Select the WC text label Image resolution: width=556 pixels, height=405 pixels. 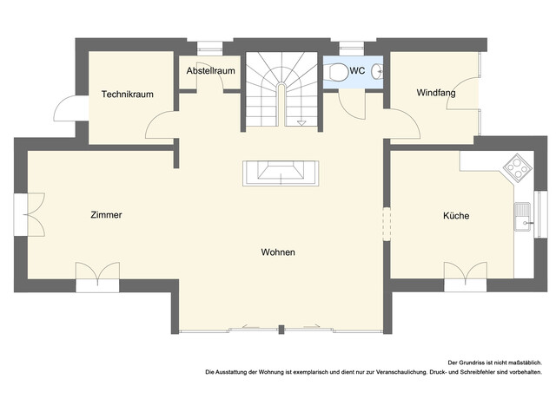point(357,71)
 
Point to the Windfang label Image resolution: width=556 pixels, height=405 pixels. point(435,93)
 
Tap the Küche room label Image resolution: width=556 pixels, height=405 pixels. point(456,215)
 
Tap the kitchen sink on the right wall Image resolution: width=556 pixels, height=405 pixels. point(522,217)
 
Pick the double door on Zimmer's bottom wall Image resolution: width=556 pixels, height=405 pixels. point(96,275)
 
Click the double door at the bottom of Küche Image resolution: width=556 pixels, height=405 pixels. point(465,275)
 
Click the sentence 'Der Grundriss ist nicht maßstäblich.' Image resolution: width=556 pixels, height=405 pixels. point(494,362)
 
